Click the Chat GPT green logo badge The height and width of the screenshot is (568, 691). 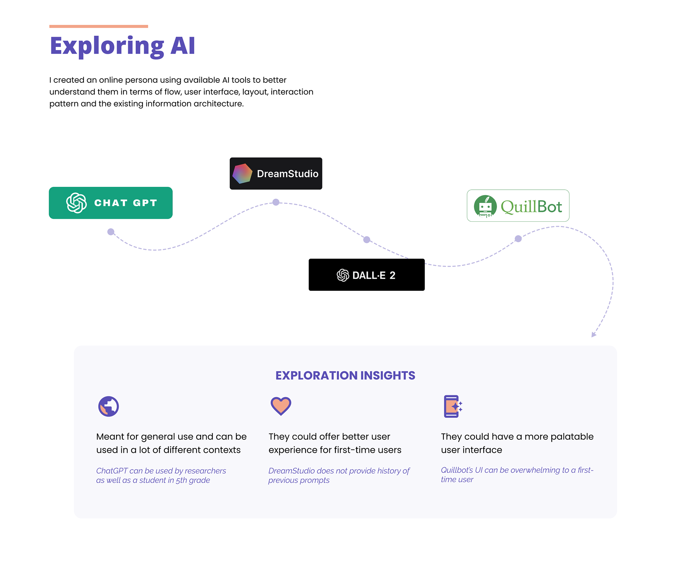tap(110, 203)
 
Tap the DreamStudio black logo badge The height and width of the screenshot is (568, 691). tap(276, 173)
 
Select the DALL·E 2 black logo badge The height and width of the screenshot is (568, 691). tap(366, 275)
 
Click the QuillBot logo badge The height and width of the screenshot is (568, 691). tap(518, 206)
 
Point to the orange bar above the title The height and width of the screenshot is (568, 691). tap(99, 26)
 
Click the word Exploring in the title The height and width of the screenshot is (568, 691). tap(107, 46)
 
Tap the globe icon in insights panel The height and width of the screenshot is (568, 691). tap(108, 406)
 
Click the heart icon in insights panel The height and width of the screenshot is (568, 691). tap(281, 406)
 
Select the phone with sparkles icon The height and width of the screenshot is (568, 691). tap(453, 406)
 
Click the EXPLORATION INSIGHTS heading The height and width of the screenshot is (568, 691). tap(345, 375)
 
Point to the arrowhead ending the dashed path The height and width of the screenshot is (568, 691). tap(593, 335)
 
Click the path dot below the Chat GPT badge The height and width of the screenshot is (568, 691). tap(111, 232)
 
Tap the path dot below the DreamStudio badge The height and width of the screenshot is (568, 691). tap(276, 202)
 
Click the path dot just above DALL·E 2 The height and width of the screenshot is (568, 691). tap(367, 240)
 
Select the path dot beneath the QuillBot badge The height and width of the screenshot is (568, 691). tap(518, 239)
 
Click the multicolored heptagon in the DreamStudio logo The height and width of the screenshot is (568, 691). tap(242, 173)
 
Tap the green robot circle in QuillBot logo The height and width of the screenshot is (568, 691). tap(485, 206)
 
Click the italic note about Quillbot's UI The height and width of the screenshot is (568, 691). tap(517, 474)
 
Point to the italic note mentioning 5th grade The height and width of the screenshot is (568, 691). tap(161, 475)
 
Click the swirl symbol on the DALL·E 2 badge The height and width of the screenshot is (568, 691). tap(343, 275)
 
